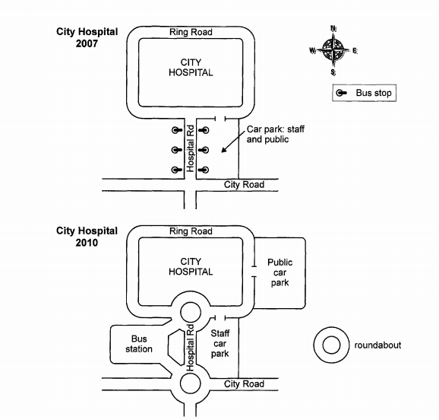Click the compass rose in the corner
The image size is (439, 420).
333,50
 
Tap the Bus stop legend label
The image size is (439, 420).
374,93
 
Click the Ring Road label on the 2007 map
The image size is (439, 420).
191,32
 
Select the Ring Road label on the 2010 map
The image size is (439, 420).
191,231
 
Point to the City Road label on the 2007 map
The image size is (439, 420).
244,185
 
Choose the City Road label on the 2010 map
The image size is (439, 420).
244,383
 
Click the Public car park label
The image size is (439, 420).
280,272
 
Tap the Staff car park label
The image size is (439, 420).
219,343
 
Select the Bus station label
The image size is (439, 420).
139,344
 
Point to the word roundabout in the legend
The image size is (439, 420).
377,345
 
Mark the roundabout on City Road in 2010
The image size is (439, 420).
191,374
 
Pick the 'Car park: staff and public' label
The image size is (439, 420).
275,134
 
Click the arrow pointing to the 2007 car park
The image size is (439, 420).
232,142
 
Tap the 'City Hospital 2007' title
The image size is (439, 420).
87,37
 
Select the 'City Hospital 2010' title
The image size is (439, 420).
87,237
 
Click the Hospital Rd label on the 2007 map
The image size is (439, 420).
191,148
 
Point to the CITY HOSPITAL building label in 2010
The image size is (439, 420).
191,266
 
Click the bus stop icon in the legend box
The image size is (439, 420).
341,93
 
